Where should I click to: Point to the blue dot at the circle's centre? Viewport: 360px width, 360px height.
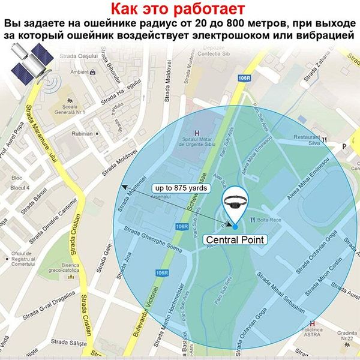[x=235, y=226]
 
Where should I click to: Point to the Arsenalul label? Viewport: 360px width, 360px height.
[x=161, y=196]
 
